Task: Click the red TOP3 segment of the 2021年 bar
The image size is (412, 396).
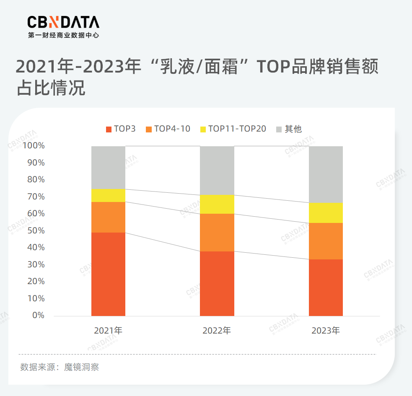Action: [x=108, y=274]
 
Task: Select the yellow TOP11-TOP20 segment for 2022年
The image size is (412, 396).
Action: [x=217, y=204]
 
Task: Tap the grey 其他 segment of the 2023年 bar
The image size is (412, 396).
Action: [x=326, y=174]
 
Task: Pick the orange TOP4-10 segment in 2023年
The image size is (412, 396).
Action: [x=326, y=241]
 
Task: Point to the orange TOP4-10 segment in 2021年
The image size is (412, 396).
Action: [x=108, y=217]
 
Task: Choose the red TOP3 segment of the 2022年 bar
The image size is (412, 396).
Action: [x=217, y=283]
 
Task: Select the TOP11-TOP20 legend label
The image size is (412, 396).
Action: [x=237, y=129]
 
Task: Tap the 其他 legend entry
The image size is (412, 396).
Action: [x=293, y=129]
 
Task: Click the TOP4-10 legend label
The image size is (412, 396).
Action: [x=172, y=129]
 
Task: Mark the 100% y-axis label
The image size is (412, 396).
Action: [x=34, y=146]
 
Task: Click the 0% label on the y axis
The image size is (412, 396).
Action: [x=38, y=315]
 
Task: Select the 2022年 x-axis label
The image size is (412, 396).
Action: [x=217, y=331]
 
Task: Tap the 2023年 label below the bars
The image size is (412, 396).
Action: [x=326, y=331]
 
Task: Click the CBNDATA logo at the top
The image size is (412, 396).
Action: [x=63, y=22]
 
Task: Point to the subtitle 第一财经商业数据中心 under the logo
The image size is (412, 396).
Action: [x=63, y=36]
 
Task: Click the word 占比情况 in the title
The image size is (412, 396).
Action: [x=51, y=88]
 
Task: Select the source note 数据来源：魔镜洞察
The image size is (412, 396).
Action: [x=60, y=368]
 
